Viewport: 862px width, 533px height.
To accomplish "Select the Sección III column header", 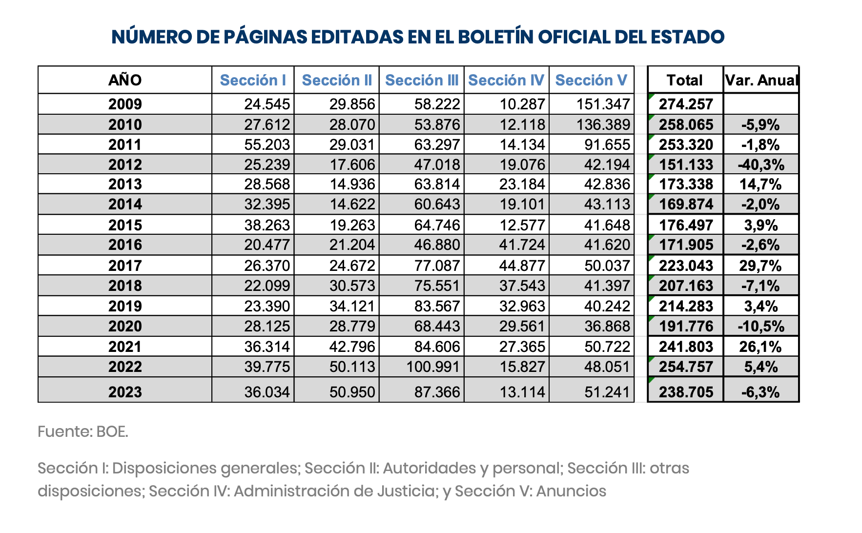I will tap(422, 80).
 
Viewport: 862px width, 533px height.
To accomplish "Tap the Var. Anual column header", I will tap(761, 80).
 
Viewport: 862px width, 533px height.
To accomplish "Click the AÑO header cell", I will tap(125, 80).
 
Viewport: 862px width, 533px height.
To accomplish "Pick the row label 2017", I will tap(125, 266).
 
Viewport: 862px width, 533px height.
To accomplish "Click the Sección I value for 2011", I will tap(267, 144).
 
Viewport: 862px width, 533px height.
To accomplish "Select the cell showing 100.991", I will tap(433, 367).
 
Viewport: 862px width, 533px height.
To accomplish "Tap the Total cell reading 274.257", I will tap(686, 104).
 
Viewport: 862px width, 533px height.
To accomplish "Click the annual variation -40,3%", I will tap(761, 164).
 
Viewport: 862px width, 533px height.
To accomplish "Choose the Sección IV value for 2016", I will tap(522, 245).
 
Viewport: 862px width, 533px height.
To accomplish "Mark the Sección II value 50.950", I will tap(352, 392).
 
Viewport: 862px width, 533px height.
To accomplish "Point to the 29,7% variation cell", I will tap(760, 266).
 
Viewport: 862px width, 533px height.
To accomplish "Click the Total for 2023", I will tap(686, 392).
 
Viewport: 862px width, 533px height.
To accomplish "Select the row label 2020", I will tap(125, 326).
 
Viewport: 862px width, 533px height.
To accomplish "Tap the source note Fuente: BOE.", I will tap(83, 431).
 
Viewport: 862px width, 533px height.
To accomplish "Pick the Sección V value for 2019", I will tap(607, 306).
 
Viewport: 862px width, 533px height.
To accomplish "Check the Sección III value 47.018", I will tap(437, 164).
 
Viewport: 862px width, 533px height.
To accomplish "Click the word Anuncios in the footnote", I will tap(571, 491).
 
